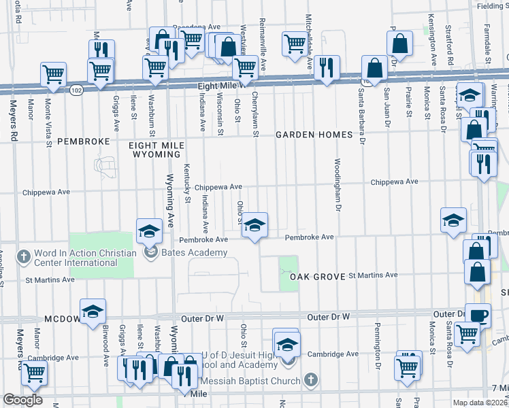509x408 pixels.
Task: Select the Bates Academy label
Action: [x=184, y=253]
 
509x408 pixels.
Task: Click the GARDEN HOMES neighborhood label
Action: [x=314, y=135]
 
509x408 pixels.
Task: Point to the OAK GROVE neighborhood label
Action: [x=315, y=277]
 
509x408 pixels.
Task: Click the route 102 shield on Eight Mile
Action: [x=77, y=90]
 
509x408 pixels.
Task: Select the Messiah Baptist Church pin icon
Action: [x=310, y=379]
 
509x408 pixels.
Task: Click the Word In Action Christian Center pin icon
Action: [x=25, y=257]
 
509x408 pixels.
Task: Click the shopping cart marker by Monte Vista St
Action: [x=53, y=74]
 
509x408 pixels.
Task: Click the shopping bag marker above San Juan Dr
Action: [x=399, y=42]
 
